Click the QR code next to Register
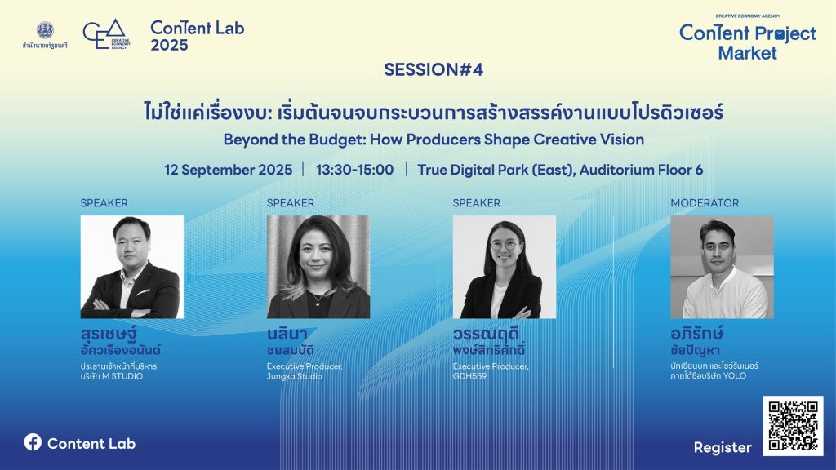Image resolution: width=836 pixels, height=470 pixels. [x=793, y=426]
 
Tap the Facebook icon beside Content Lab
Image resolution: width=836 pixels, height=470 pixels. [x=33, y=442]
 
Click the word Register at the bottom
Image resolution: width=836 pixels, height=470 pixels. [x=723, y=448]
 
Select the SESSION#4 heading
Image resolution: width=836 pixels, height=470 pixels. [x=434, y=70]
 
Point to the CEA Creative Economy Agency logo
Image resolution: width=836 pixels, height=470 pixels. [x=107, y=34]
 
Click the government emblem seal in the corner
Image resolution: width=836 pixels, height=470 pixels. [x=45, y=30]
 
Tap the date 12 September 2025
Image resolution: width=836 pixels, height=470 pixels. [x=229, y=170]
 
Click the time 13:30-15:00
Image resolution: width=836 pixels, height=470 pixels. [x=354, y=170]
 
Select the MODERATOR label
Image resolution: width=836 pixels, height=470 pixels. [x=705, y=203]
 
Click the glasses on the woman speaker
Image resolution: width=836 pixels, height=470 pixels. [x=503, y=245]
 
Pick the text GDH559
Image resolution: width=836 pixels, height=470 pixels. [x=469, y=376]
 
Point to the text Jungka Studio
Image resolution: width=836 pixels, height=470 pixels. [x=294, y=376]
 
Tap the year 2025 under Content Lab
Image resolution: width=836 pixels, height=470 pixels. [x=169, y=46]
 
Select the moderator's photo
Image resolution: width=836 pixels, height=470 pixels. [x=722, y=267]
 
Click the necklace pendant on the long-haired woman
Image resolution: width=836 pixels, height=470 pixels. [x=318, y=304]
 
